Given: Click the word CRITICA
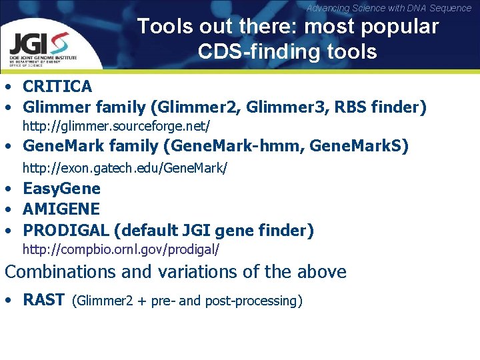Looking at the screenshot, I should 57,86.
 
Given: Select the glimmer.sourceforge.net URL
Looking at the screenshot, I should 117,125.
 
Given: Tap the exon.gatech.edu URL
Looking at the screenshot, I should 125,169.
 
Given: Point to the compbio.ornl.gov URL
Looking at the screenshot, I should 121,250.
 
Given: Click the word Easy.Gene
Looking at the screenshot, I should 61,189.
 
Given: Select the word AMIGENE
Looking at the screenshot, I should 61,209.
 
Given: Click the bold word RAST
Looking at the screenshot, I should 43,300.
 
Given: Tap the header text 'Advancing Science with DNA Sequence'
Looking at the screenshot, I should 389,8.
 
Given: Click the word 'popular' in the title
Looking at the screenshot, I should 401,27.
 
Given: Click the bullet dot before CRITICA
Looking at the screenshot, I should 9,87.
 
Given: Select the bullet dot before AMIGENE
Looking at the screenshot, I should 9,210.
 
